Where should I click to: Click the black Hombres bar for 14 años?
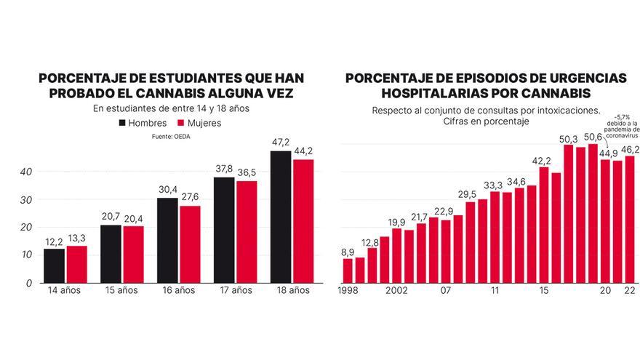click(54, 265)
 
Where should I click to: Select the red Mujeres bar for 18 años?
click(303, 220)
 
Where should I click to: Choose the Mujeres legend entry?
click(198, 123)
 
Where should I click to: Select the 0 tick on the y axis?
click(29, 282)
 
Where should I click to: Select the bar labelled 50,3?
click(569, 213)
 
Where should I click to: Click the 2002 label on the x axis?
click(396, 291)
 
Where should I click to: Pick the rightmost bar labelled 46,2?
click(630, 219)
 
